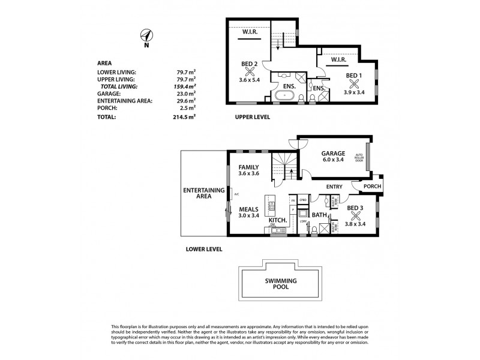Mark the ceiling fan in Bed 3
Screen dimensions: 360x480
tap(355, 216)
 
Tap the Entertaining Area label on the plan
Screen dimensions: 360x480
tap(203, 193)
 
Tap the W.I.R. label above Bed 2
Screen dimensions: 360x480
tap(250, 32)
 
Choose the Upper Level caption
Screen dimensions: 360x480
tap(251, 118)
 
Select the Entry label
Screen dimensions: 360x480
tap(334, 187)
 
